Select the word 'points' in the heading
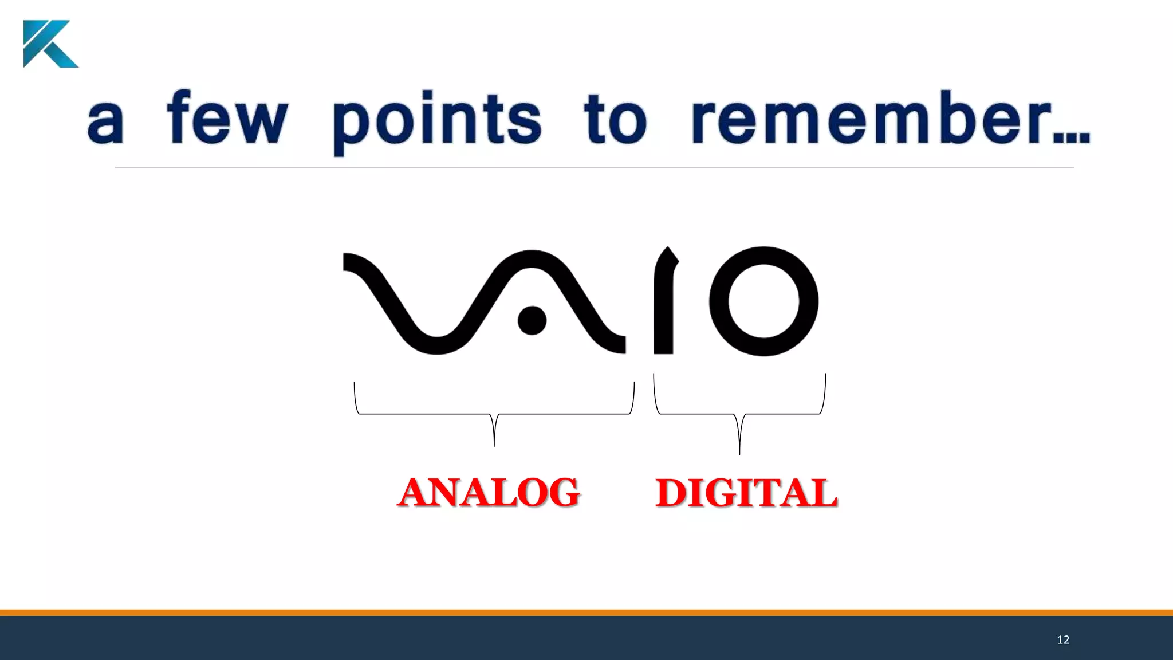click(437, 120)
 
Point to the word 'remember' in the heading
click(871, 119)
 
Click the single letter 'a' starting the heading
click(105, 123)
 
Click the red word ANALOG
click(489, 493)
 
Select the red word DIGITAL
click(746, 493)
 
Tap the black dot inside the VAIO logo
click(532, 320)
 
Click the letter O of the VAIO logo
click(763, 301)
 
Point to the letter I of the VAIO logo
click(664, 304)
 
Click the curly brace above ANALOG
click(494, 413)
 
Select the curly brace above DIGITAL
click(739, 413)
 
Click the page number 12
click(1063, 640)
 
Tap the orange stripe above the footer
click(586, 612)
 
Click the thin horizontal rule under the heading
click(593, 167)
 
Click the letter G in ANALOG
click(562, 493)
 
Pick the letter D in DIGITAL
click(671, 493)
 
